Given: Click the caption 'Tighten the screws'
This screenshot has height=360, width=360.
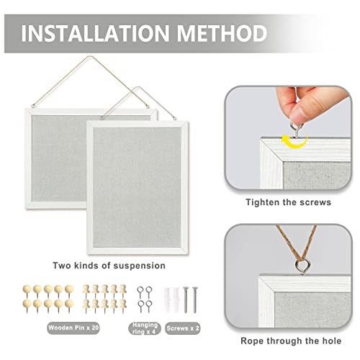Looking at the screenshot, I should click(288, 202).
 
